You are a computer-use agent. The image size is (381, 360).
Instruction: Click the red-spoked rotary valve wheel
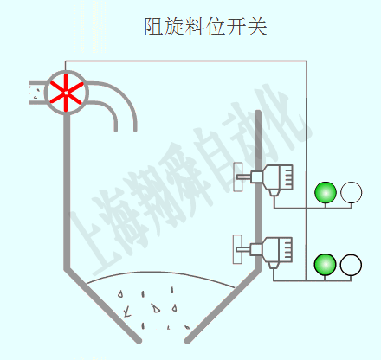pyautogui.click(x=67, y=93)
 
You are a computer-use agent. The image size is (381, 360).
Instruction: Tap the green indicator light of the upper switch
pyautogui.click(x=326, y=192)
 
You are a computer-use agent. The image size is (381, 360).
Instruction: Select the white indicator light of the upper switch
pyautogui.click(x=351, y=192)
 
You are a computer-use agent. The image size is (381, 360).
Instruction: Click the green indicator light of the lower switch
pyautogui.click(x=325, y=265)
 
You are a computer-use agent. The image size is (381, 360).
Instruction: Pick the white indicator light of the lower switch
pyautogui.click(x=351, y=265)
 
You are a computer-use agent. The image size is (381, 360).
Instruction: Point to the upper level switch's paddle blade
pyautogui.click(x=238, y=177)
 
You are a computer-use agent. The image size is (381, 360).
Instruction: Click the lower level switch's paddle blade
pyautogui.click(x=237, y=249)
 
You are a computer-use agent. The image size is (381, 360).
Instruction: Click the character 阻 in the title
pyautogui.click(x=154, y=27)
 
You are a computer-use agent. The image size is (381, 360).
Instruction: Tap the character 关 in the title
pyautogui.click(x=256, y=27)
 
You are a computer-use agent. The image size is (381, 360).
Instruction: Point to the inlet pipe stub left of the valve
pyautogui.click(x=37, y=93)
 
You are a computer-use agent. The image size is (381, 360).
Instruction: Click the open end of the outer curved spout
pyautogui.click(x=135, y=130)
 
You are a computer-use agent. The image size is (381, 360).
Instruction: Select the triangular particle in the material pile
pyautogui.click(x=156, y=309)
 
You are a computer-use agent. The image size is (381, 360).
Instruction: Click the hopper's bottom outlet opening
pyautogui.click(x=163, y=340)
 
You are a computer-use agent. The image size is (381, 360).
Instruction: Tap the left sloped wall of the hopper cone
pyautogui.click(x=102, y=305)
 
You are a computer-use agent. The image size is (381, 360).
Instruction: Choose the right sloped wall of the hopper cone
pyautogui.click(x=223, y=305)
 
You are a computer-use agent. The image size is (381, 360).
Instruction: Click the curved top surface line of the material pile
pyautogui.click(x=160, y=273)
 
